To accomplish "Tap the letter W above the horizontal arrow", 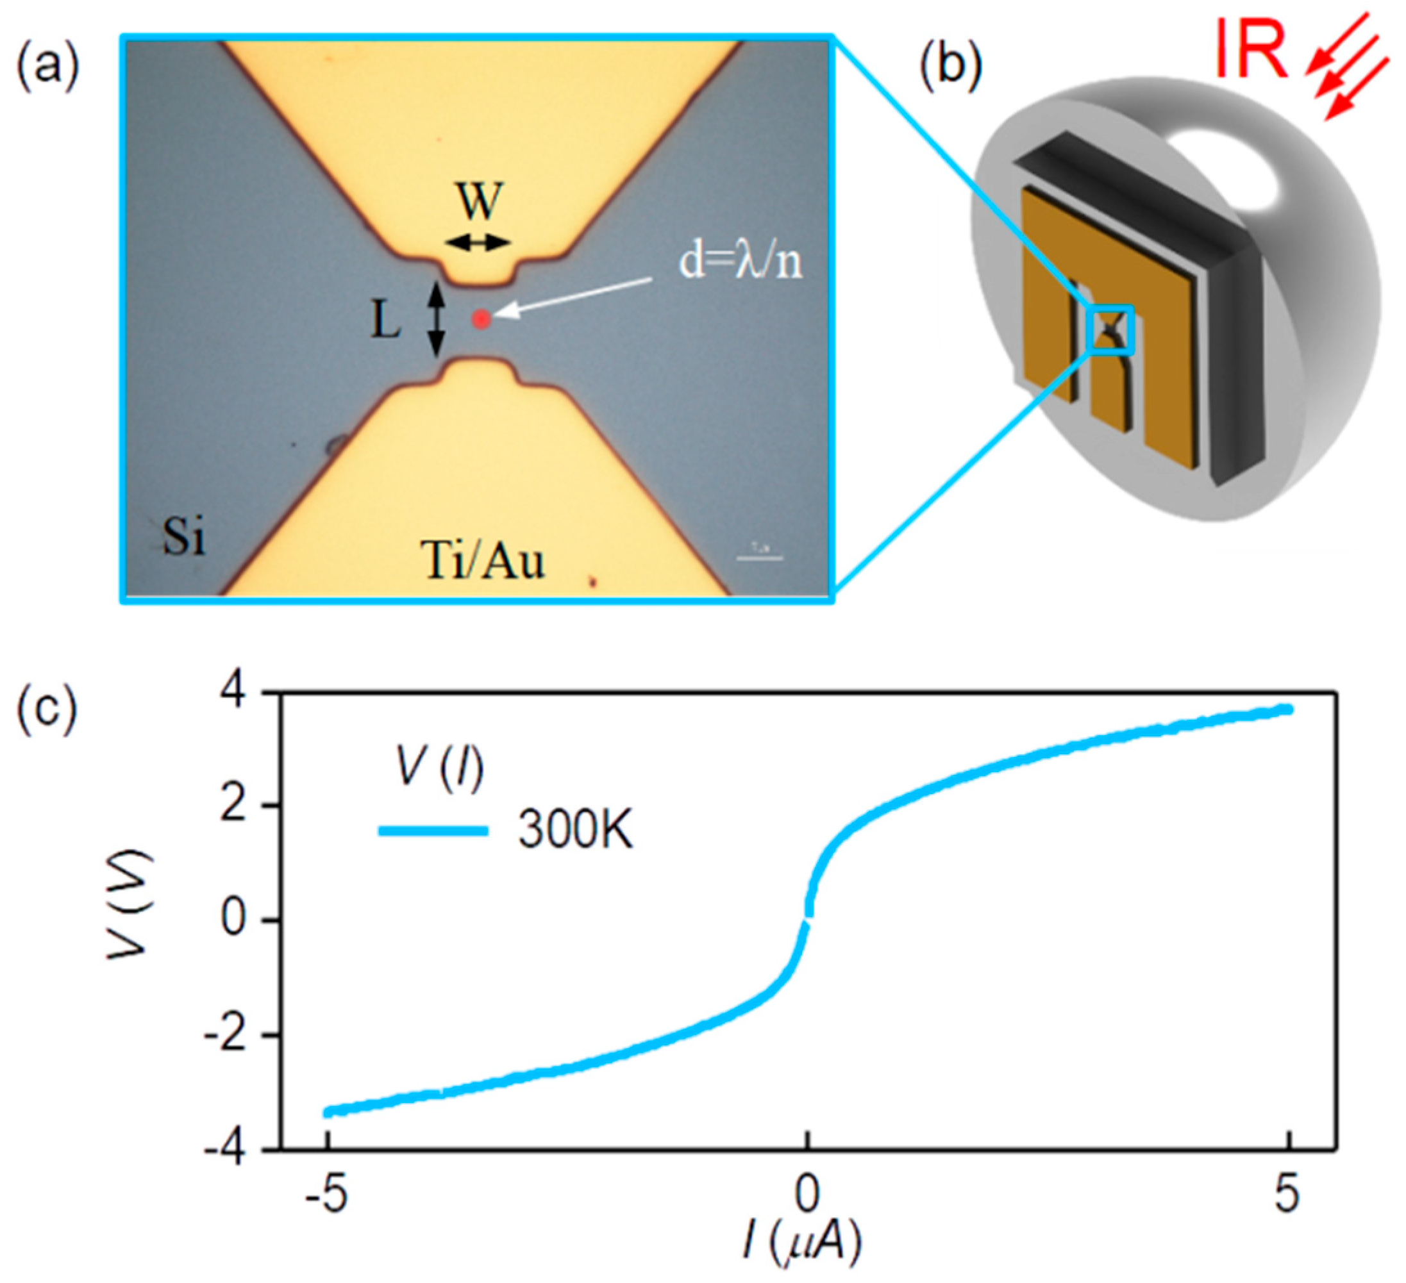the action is click(480, 203).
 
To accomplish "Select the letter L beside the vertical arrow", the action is click(385, 322).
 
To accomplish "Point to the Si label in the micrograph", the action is click(184, 537).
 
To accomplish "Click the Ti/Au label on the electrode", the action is click(483, 562).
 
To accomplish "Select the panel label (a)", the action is click(47, 70).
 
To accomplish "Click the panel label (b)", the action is click(951, 70).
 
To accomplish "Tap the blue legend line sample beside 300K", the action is click(431, 831).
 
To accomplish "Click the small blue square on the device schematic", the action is click(1110, 331).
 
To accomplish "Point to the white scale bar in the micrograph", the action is click(760, 557).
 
